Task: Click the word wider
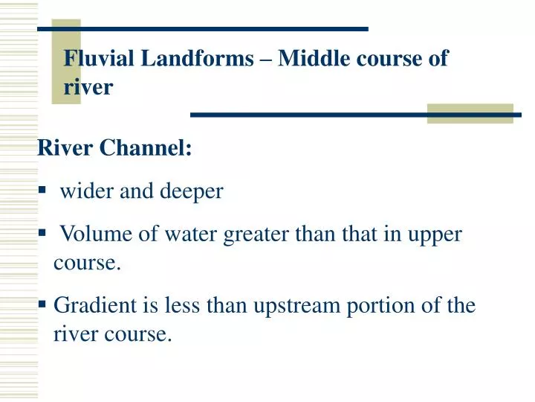pos(83,191)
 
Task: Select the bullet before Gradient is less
pos(42,305)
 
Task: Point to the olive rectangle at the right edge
pos(470,113)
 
